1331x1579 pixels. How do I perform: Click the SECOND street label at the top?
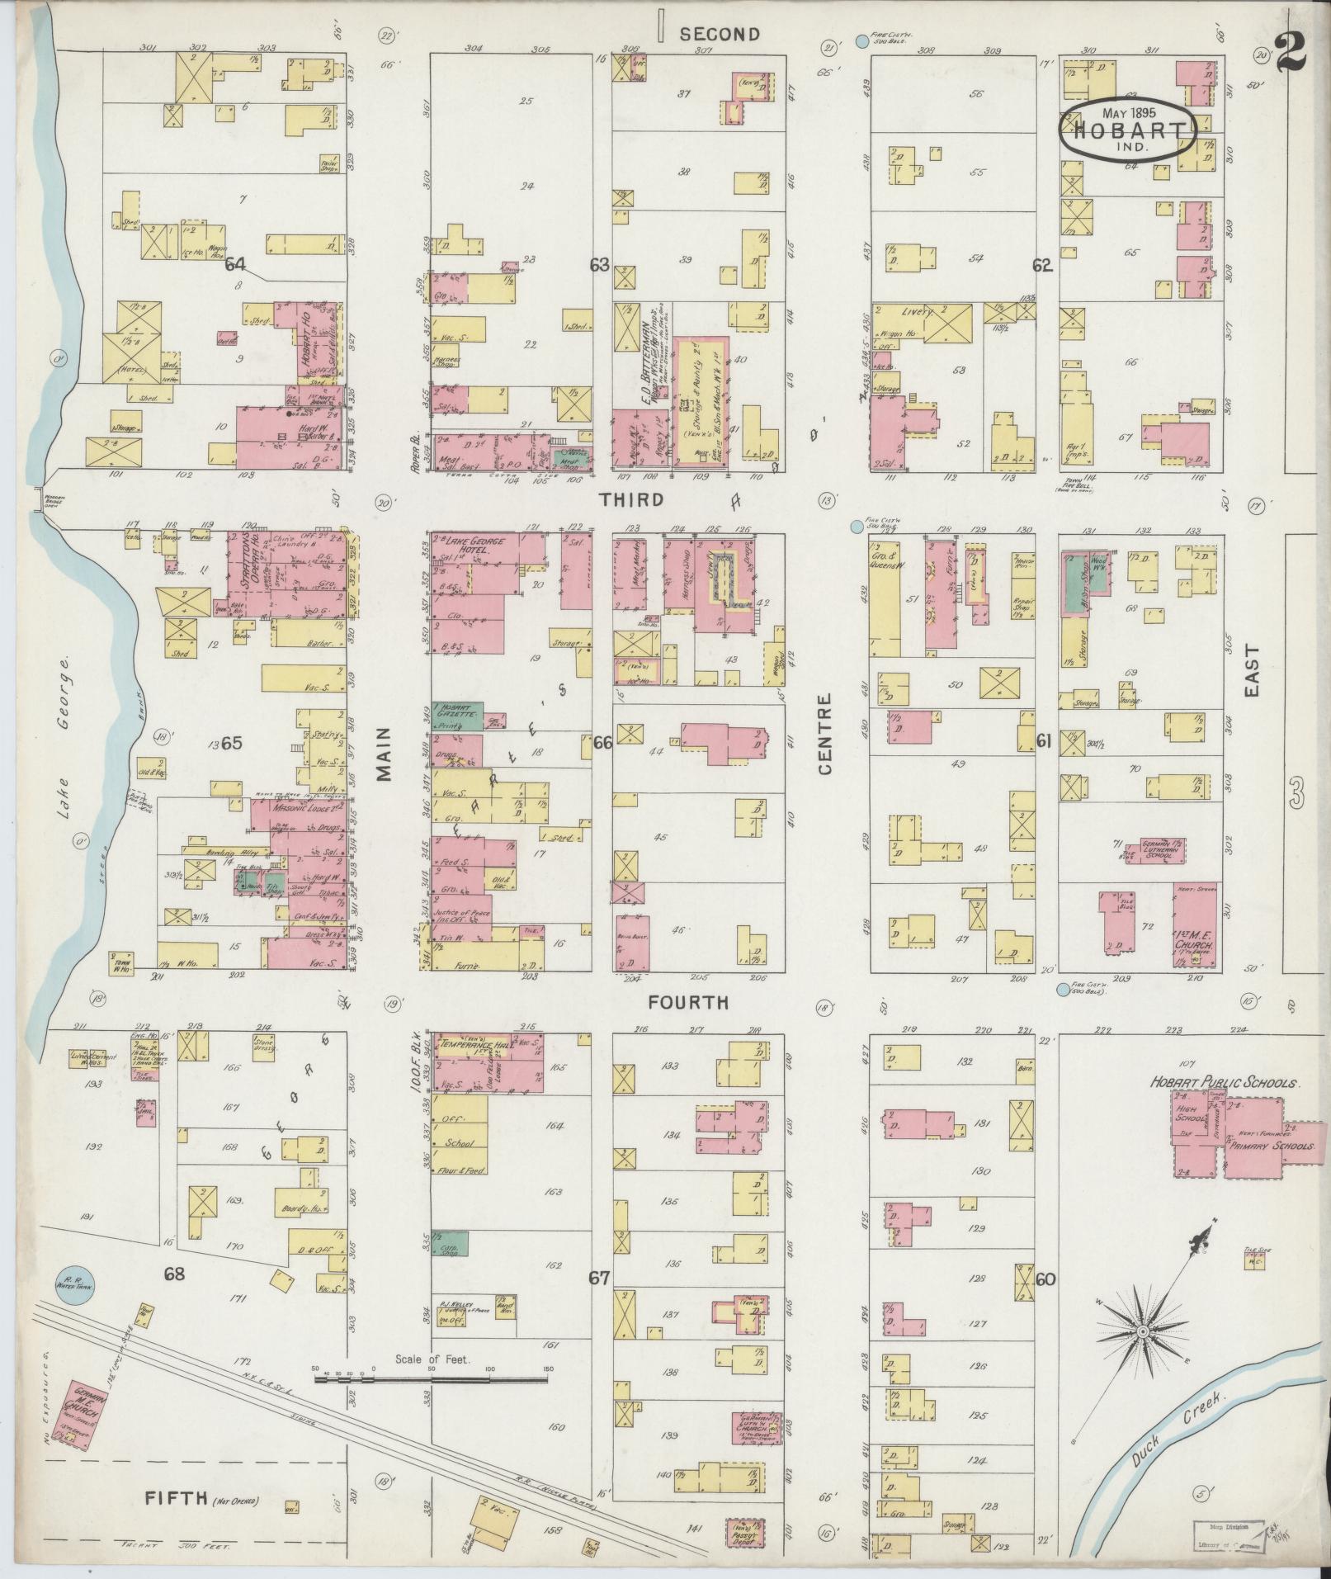click(x=719, y=34)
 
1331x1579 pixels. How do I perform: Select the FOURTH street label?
click(x=688, y=1002)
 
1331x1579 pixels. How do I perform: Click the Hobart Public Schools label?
click(x=1225, y=1083)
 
